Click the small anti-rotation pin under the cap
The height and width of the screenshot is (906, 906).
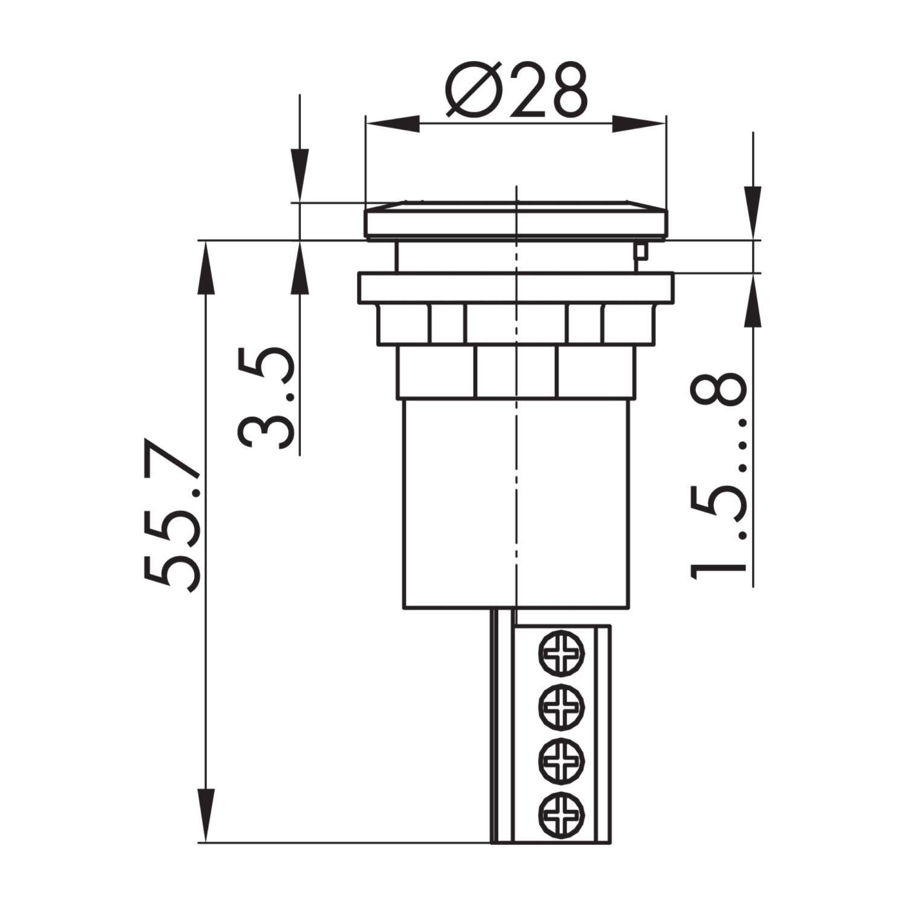click(x=640, y=250)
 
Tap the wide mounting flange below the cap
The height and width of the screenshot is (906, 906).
click(x=516, y=288)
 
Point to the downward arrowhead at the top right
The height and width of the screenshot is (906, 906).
click(x=753, y=211)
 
